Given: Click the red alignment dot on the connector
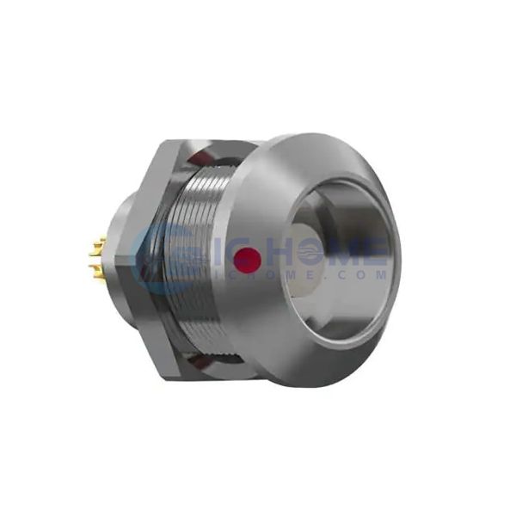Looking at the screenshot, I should coord(249,255).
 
